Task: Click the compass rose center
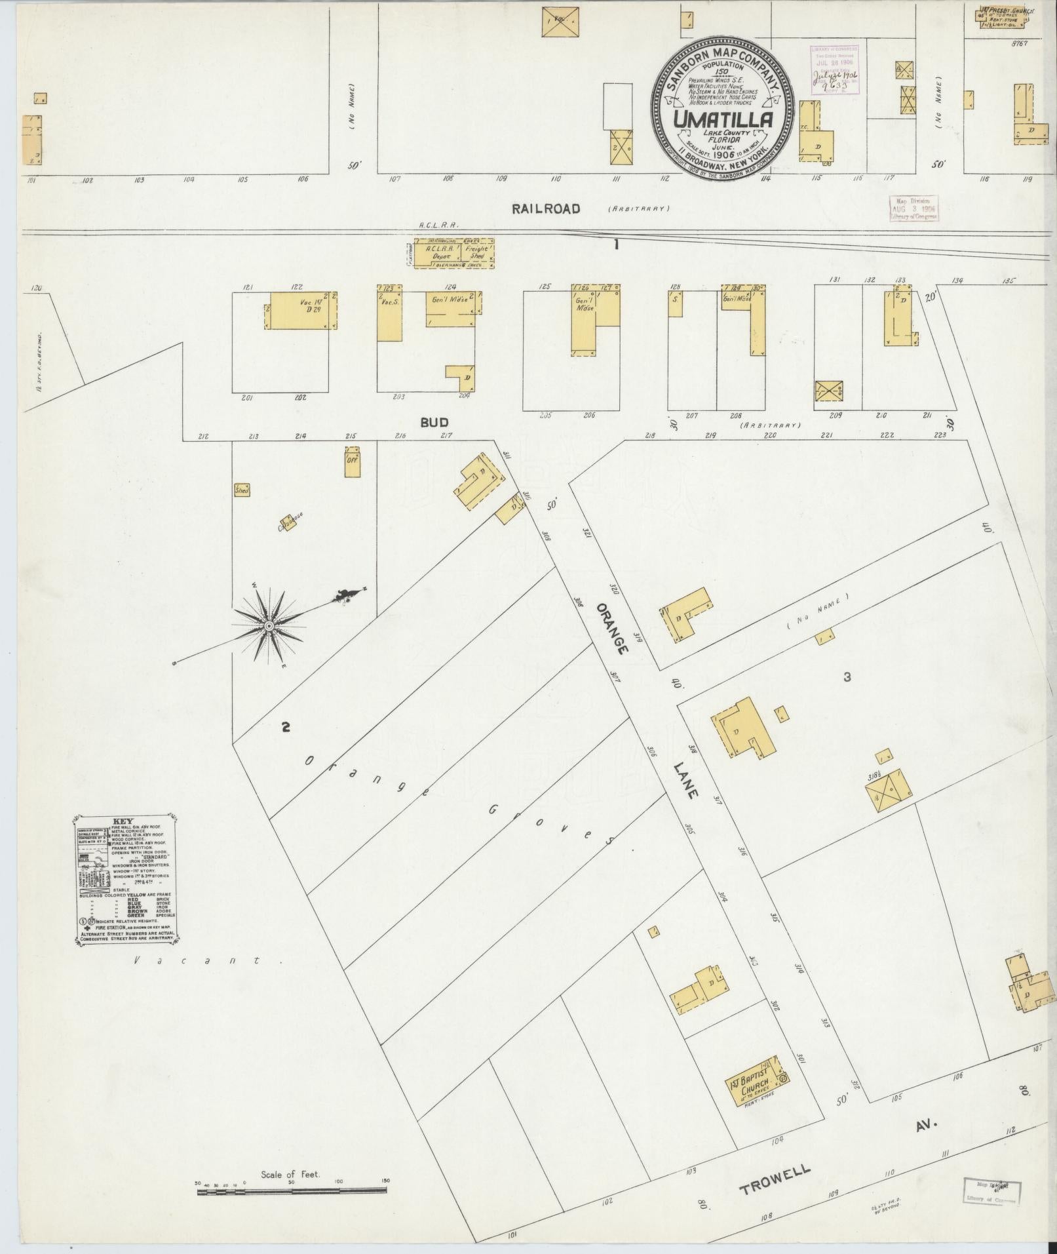(269, 627)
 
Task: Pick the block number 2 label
(285, 726)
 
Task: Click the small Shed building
(242, 490)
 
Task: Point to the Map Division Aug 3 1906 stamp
(913, 208)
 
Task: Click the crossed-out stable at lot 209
(828, 391)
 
